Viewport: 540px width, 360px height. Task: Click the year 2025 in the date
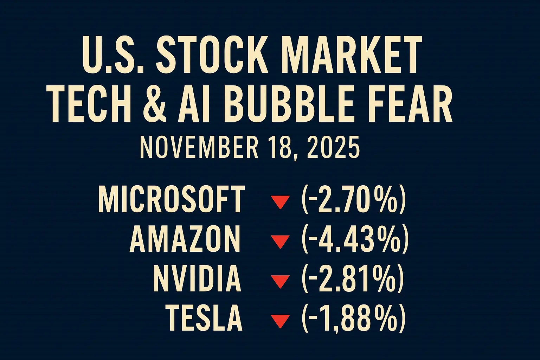333,148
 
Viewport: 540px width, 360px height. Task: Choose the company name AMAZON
185,239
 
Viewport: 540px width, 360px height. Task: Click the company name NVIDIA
197,279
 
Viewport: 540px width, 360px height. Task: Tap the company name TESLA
204,319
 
